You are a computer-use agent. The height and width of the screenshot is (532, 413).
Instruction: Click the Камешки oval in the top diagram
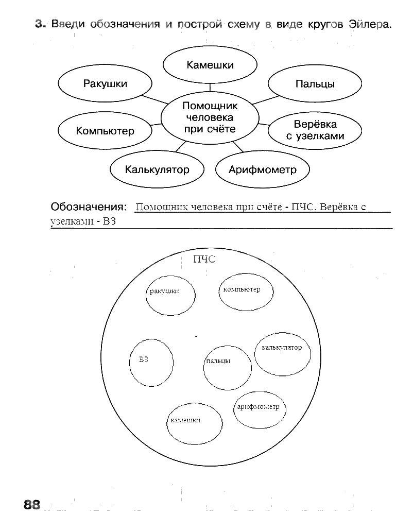(210, 65)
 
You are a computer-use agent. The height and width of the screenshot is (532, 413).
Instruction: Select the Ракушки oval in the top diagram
(105, 84)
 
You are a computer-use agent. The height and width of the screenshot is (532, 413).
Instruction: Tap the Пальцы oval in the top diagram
(315, 84)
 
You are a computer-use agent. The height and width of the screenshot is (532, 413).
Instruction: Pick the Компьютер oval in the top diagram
(105, 131)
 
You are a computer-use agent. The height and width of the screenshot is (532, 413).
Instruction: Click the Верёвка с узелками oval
(315, 131)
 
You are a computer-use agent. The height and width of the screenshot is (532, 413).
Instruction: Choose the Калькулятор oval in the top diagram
(157, 169)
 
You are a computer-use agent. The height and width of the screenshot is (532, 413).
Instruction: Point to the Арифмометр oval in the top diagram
(263, 169)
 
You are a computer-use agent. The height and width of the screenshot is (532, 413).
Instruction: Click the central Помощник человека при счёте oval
(210, 117)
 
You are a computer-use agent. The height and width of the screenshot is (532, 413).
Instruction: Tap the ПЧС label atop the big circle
(204, 260)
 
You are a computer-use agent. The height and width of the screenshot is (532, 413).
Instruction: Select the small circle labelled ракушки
(171, 296)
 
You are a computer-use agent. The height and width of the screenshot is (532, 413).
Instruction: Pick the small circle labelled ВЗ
(151, 362)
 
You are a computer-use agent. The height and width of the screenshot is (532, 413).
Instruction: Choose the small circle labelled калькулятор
(282, 354)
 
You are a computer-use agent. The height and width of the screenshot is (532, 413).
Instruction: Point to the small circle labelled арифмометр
(260, 410)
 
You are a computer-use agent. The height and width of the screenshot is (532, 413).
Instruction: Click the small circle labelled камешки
(195, 423)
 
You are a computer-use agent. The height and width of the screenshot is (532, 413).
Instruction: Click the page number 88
(31, 505)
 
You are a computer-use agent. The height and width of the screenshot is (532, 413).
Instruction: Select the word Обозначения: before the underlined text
(88, 207)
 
